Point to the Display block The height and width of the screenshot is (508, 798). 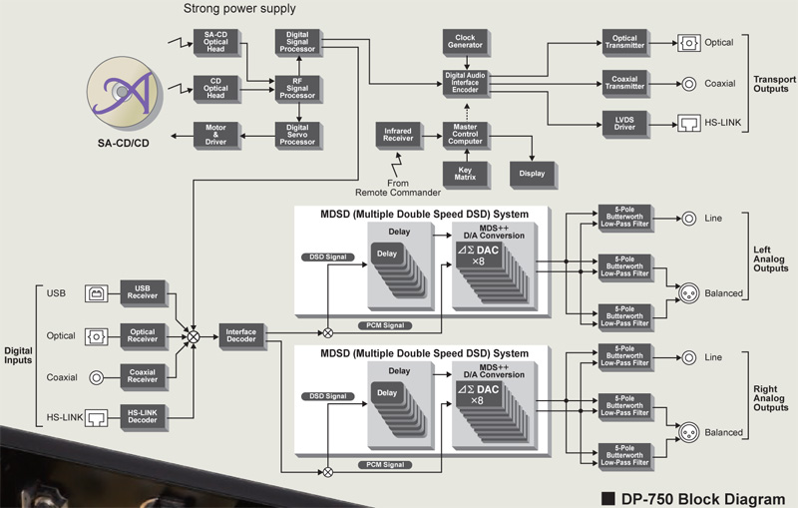click(x=531, y=173)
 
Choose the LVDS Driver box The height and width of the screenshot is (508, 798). click(x=624, y=124)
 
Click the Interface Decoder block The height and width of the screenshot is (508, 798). click(x=241, y=337)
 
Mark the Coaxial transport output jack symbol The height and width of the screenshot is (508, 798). click(x=688, y=84)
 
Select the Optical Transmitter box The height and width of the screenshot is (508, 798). click(x=624, y=42)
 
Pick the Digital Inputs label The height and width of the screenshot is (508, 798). click(x=19, y=357)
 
